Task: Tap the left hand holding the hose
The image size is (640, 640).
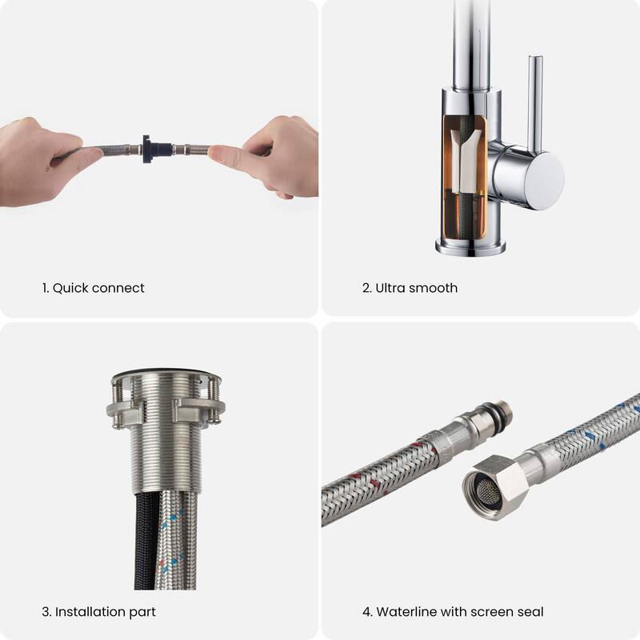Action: pyautogui.click(x=36, y=160)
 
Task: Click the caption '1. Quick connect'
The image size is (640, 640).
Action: pyautogui.click(x=94, y=288)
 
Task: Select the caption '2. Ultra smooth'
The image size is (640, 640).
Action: pyautogui.click(x=410, y=288)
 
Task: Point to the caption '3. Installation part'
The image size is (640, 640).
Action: pyautogui.click(x=98, y=612)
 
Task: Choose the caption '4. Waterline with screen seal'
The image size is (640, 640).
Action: pyautogui.click(x=453, y=612)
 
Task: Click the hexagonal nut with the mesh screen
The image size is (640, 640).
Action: pyautogui.click(x=493, y=487)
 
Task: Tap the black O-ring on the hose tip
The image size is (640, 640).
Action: pyautogui.click(x=506, y=414)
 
